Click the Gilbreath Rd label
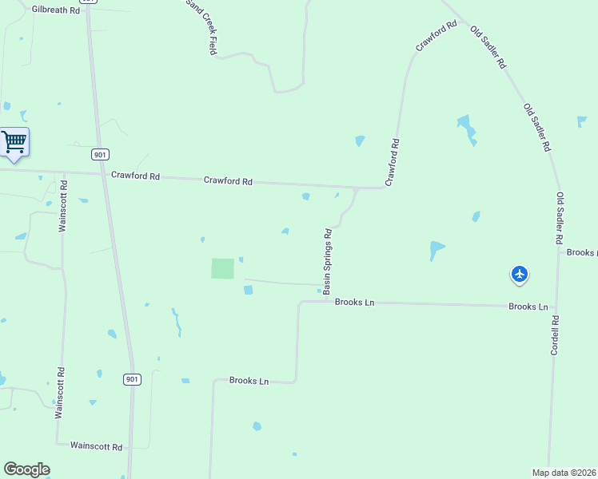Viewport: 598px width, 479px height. click(x=56, y=10)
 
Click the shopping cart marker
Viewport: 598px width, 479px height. click(x=14, y=143)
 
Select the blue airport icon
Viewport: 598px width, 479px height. click(x=520, y=275)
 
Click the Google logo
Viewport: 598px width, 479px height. click(x=26, y=469)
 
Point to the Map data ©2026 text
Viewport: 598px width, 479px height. click(x=564, y=473)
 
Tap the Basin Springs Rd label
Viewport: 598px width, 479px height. click(x=328, y=261)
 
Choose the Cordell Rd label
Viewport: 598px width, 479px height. click(x=555, y=335)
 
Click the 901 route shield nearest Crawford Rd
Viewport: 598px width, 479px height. click(x=100, y=154)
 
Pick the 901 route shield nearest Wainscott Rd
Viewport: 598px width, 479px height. click(x=133, y=379)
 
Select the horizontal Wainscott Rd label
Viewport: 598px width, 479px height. click(x=96, y=446)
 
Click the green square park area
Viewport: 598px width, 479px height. click(x=223, y=268)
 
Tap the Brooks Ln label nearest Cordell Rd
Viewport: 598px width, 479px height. click(x=528, y=307)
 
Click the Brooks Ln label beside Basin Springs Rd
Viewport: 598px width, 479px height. click(x=355, y=303)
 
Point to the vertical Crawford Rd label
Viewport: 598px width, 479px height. click(x=393, y=163)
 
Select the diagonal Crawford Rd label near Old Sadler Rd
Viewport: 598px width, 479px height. click(x=436, y=36)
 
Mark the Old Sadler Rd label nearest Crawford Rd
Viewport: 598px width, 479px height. click(x=488, y=46)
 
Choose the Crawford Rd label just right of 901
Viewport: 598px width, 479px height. click(x=136, y=176)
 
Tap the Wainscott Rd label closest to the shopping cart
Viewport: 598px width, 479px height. click(x=63, y=206)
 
